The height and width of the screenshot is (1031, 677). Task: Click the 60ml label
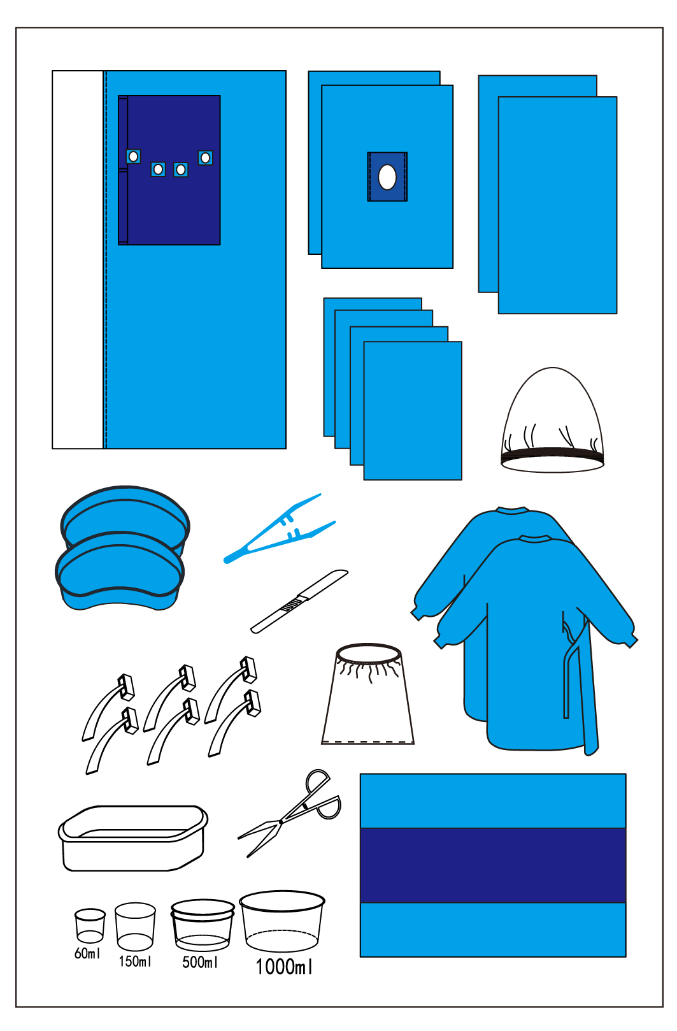pos(87,953)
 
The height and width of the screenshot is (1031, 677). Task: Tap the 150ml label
pos(135,961)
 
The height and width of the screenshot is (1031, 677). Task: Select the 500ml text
pos(199,962)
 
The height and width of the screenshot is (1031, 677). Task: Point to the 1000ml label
pos(284,967)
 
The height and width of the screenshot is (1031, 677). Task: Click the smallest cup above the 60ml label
pos(90,925)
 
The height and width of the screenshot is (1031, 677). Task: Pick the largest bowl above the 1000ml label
pos(282,921)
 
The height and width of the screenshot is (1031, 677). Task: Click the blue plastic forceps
pos(279,530)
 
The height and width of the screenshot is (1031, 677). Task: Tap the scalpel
pos(299,601)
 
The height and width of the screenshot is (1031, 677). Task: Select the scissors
pos(290,816)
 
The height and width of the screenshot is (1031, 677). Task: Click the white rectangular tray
pos(132,839)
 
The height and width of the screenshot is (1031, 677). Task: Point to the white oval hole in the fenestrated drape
pos(387,177)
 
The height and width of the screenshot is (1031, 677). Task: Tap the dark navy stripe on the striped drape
pos(492,865)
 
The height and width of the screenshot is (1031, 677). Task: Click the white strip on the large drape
pos(78,259)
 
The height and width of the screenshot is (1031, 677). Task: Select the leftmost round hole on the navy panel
pos(133,157)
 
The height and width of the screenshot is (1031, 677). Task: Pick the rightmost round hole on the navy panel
pos(205,158)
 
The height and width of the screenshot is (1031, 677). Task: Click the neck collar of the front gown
pos(535,538)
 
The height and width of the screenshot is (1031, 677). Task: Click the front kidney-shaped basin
pos(120,571)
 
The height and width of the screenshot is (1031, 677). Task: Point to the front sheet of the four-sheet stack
pos(413,410)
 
